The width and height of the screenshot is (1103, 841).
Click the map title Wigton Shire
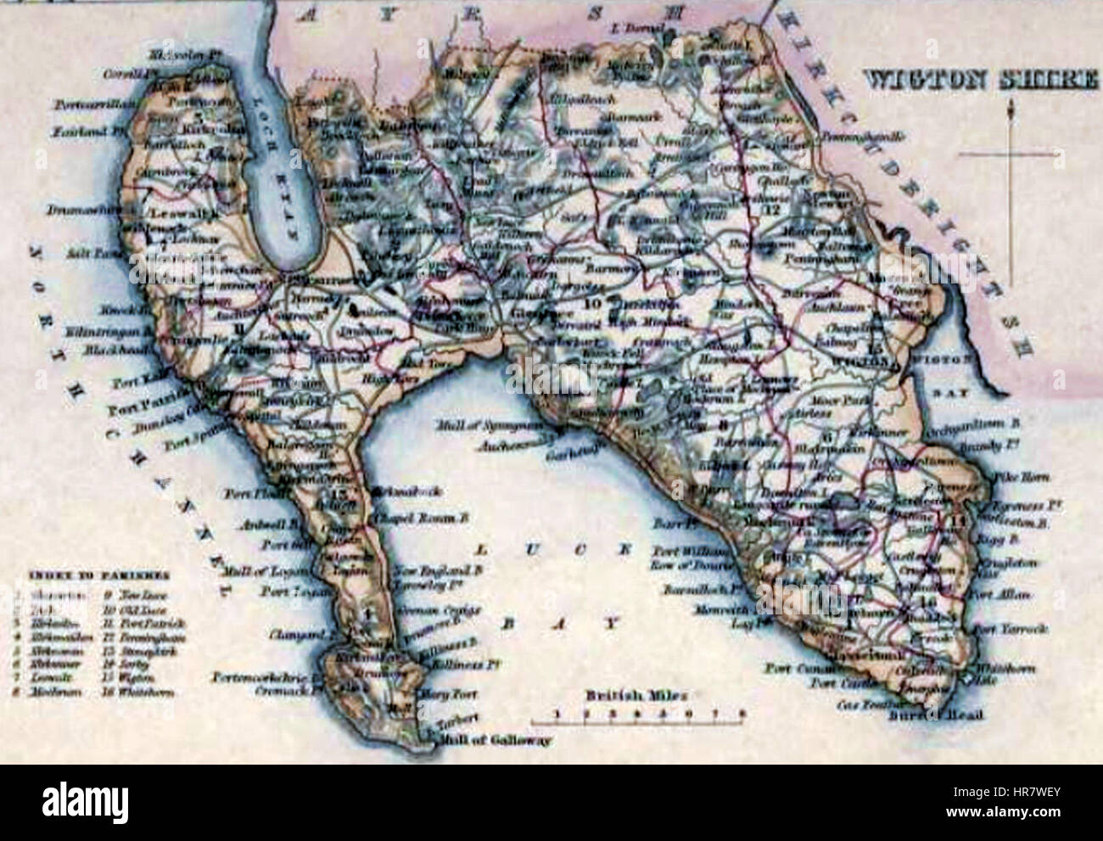pos(979,81)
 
